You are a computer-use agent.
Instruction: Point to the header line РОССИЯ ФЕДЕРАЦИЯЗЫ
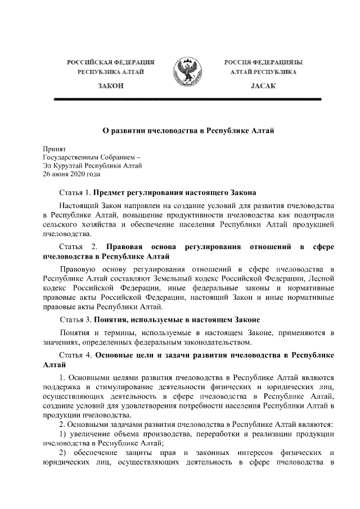tap(259, 61)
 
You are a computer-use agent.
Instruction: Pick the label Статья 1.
tap(75, 192)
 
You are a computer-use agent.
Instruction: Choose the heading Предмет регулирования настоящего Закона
tap(175, 192)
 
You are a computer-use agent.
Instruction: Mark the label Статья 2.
tap(79, 247)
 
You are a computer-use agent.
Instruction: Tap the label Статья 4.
tap(75, 356)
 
